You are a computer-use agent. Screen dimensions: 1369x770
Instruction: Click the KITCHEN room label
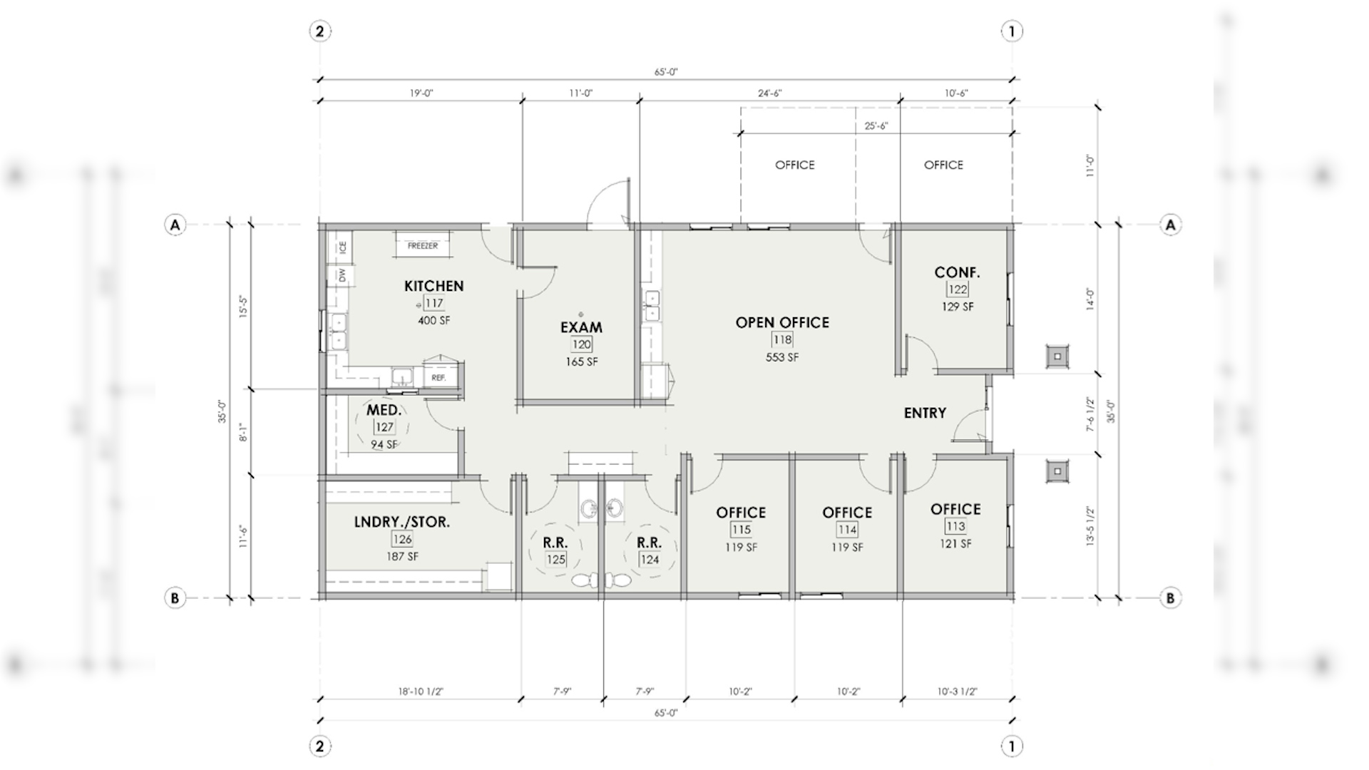[434, 286]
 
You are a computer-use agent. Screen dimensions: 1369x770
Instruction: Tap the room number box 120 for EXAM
[581, 344]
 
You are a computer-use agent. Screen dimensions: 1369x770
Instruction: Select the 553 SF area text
[782, 357]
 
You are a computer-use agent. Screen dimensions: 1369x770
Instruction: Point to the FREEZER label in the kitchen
[423, 246]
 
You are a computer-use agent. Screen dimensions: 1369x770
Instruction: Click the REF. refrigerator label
[439, 378]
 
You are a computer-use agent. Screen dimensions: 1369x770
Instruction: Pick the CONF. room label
[957, 272]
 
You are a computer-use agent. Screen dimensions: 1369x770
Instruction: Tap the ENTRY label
[925, 413]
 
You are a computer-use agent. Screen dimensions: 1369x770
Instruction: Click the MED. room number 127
[384, 427]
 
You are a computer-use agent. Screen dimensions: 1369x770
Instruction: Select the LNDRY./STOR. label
[402, 522]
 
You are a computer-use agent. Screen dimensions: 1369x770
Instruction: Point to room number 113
[955, 526]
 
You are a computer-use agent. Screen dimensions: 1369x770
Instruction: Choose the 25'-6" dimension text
[876, 126]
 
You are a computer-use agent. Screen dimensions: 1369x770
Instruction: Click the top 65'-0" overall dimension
[666, 72]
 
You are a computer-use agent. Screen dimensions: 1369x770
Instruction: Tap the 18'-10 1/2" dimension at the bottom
[421, 692]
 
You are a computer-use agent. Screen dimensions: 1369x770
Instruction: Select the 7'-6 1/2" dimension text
[1090, 414]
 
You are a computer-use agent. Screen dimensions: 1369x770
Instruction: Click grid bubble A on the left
[175, 225]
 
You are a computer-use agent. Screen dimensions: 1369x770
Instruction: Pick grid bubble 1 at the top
[1012, 31]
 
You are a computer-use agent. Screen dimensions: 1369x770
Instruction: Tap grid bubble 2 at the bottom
[319, 746]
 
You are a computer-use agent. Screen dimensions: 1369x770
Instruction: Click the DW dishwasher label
[343, 275]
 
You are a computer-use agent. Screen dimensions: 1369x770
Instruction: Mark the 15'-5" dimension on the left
[243, 307]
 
